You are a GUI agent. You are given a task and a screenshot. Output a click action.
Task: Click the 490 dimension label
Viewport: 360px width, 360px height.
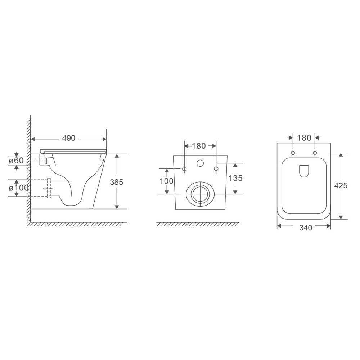pos(69,138)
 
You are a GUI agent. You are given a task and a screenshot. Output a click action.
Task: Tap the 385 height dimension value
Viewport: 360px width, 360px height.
pos(116,182)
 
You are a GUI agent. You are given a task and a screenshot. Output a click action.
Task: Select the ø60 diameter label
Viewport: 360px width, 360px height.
pos(16,161)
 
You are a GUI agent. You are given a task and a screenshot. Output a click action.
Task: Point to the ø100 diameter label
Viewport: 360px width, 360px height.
pos(19,188)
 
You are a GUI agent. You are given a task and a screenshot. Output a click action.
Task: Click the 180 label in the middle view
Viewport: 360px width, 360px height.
pos(199,146)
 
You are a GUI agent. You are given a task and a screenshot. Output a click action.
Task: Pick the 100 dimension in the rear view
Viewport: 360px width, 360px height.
pos(166,181)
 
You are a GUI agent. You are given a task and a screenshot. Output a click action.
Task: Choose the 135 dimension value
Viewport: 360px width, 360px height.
pos(235,178)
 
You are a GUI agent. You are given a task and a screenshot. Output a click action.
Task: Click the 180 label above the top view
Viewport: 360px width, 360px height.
pos(304,138)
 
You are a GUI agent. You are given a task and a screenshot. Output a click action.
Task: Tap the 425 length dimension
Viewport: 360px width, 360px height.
pos(341,185)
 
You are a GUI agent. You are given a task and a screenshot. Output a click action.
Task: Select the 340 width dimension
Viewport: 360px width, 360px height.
pos(306,228)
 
